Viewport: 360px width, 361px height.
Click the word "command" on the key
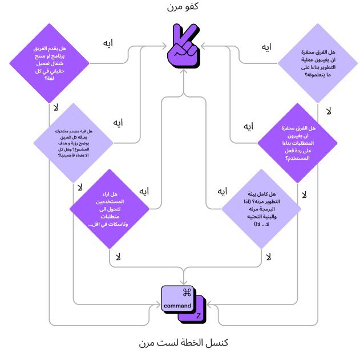(x=177, y=306)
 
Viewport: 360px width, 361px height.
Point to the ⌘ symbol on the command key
(x=186, y=293)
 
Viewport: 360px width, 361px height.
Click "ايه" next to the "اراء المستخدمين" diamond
(x=145, y=191)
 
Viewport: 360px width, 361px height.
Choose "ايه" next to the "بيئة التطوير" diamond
(x=223, y=191)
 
